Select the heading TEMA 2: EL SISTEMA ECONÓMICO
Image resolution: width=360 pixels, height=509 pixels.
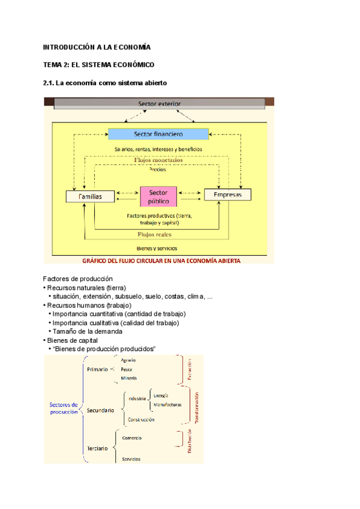click(99, 65)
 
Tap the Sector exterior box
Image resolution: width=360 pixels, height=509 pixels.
click(159, 104)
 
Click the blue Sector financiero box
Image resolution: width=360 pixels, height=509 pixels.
click(158, 133)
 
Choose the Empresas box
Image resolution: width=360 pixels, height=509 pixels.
click(227, 194)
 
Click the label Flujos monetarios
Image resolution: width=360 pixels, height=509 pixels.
click(158, 160)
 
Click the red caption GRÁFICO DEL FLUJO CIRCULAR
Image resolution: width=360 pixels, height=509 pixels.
click(158, 261)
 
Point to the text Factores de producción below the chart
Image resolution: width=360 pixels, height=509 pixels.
click(78, 279)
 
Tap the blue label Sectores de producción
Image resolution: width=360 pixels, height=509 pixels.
click(64, 408)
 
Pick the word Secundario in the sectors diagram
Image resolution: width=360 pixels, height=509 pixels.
click(100, 410)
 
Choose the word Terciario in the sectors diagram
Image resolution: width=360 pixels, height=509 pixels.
click(97, 448)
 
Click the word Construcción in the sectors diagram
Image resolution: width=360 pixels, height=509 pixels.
click(141, 420)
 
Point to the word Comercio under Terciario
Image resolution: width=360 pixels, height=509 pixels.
click(132, 438)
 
